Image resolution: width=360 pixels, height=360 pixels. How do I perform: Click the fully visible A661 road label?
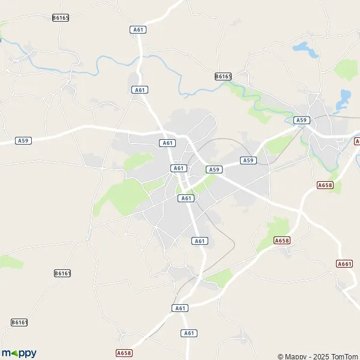coord(344,263)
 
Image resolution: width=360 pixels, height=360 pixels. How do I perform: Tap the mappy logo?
coord(19,353)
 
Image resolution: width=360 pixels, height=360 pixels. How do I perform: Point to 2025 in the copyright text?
coord(322,356)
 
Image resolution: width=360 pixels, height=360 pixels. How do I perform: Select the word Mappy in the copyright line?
coord(298,356)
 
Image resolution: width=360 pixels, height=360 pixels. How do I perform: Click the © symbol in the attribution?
coord(280,356)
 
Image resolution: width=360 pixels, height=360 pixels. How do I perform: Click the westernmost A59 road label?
coord(23,140)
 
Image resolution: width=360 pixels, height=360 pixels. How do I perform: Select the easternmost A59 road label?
coord(301,120)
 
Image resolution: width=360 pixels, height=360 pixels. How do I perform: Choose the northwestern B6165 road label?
coord(61,18)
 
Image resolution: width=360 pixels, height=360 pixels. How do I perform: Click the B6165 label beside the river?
coord(223,76)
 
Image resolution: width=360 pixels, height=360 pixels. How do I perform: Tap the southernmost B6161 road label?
coord(19,322)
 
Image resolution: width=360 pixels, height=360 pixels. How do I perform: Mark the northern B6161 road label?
coord(62,273)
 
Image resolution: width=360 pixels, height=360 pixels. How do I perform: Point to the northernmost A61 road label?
coord(139,29)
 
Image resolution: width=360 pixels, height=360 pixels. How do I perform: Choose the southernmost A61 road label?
coord(189,333)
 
